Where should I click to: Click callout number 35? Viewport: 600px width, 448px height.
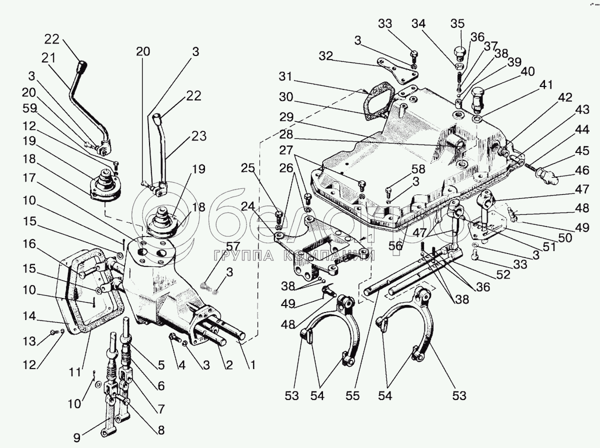(457, 24)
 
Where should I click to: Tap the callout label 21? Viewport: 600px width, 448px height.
(48, 57)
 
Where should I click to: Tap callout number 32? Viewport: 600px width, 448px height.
(326, 56)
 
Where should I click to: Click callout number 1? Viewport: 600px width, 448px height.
(253, 364)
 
